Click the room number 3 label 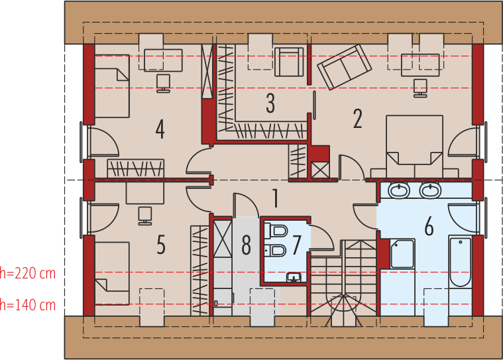pos(270,103)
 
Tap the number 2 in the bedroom pos(358,119)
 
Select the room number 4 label pos(160,129)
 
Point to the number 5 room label pos(161,245)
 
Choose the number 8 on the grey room pos(246,245)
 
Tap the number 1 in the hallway pos(275,198)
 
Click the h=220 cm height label pos(28,273)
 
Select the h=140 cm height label pos(28,305)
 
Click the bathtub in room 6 pos(461,262)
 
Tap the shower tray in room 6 pos(402,253)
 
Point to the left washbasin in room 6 pos(399,190)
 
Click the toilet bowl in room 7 pos(276,231)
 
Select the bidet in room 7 pos(276,251)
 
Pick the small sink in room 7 pos(294,277)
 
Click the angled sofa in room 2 pos(345,67)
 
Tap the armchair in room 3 pos(289,62)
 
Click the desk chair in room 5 pos(145,215)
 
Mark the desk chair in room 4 pos(163,84)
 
